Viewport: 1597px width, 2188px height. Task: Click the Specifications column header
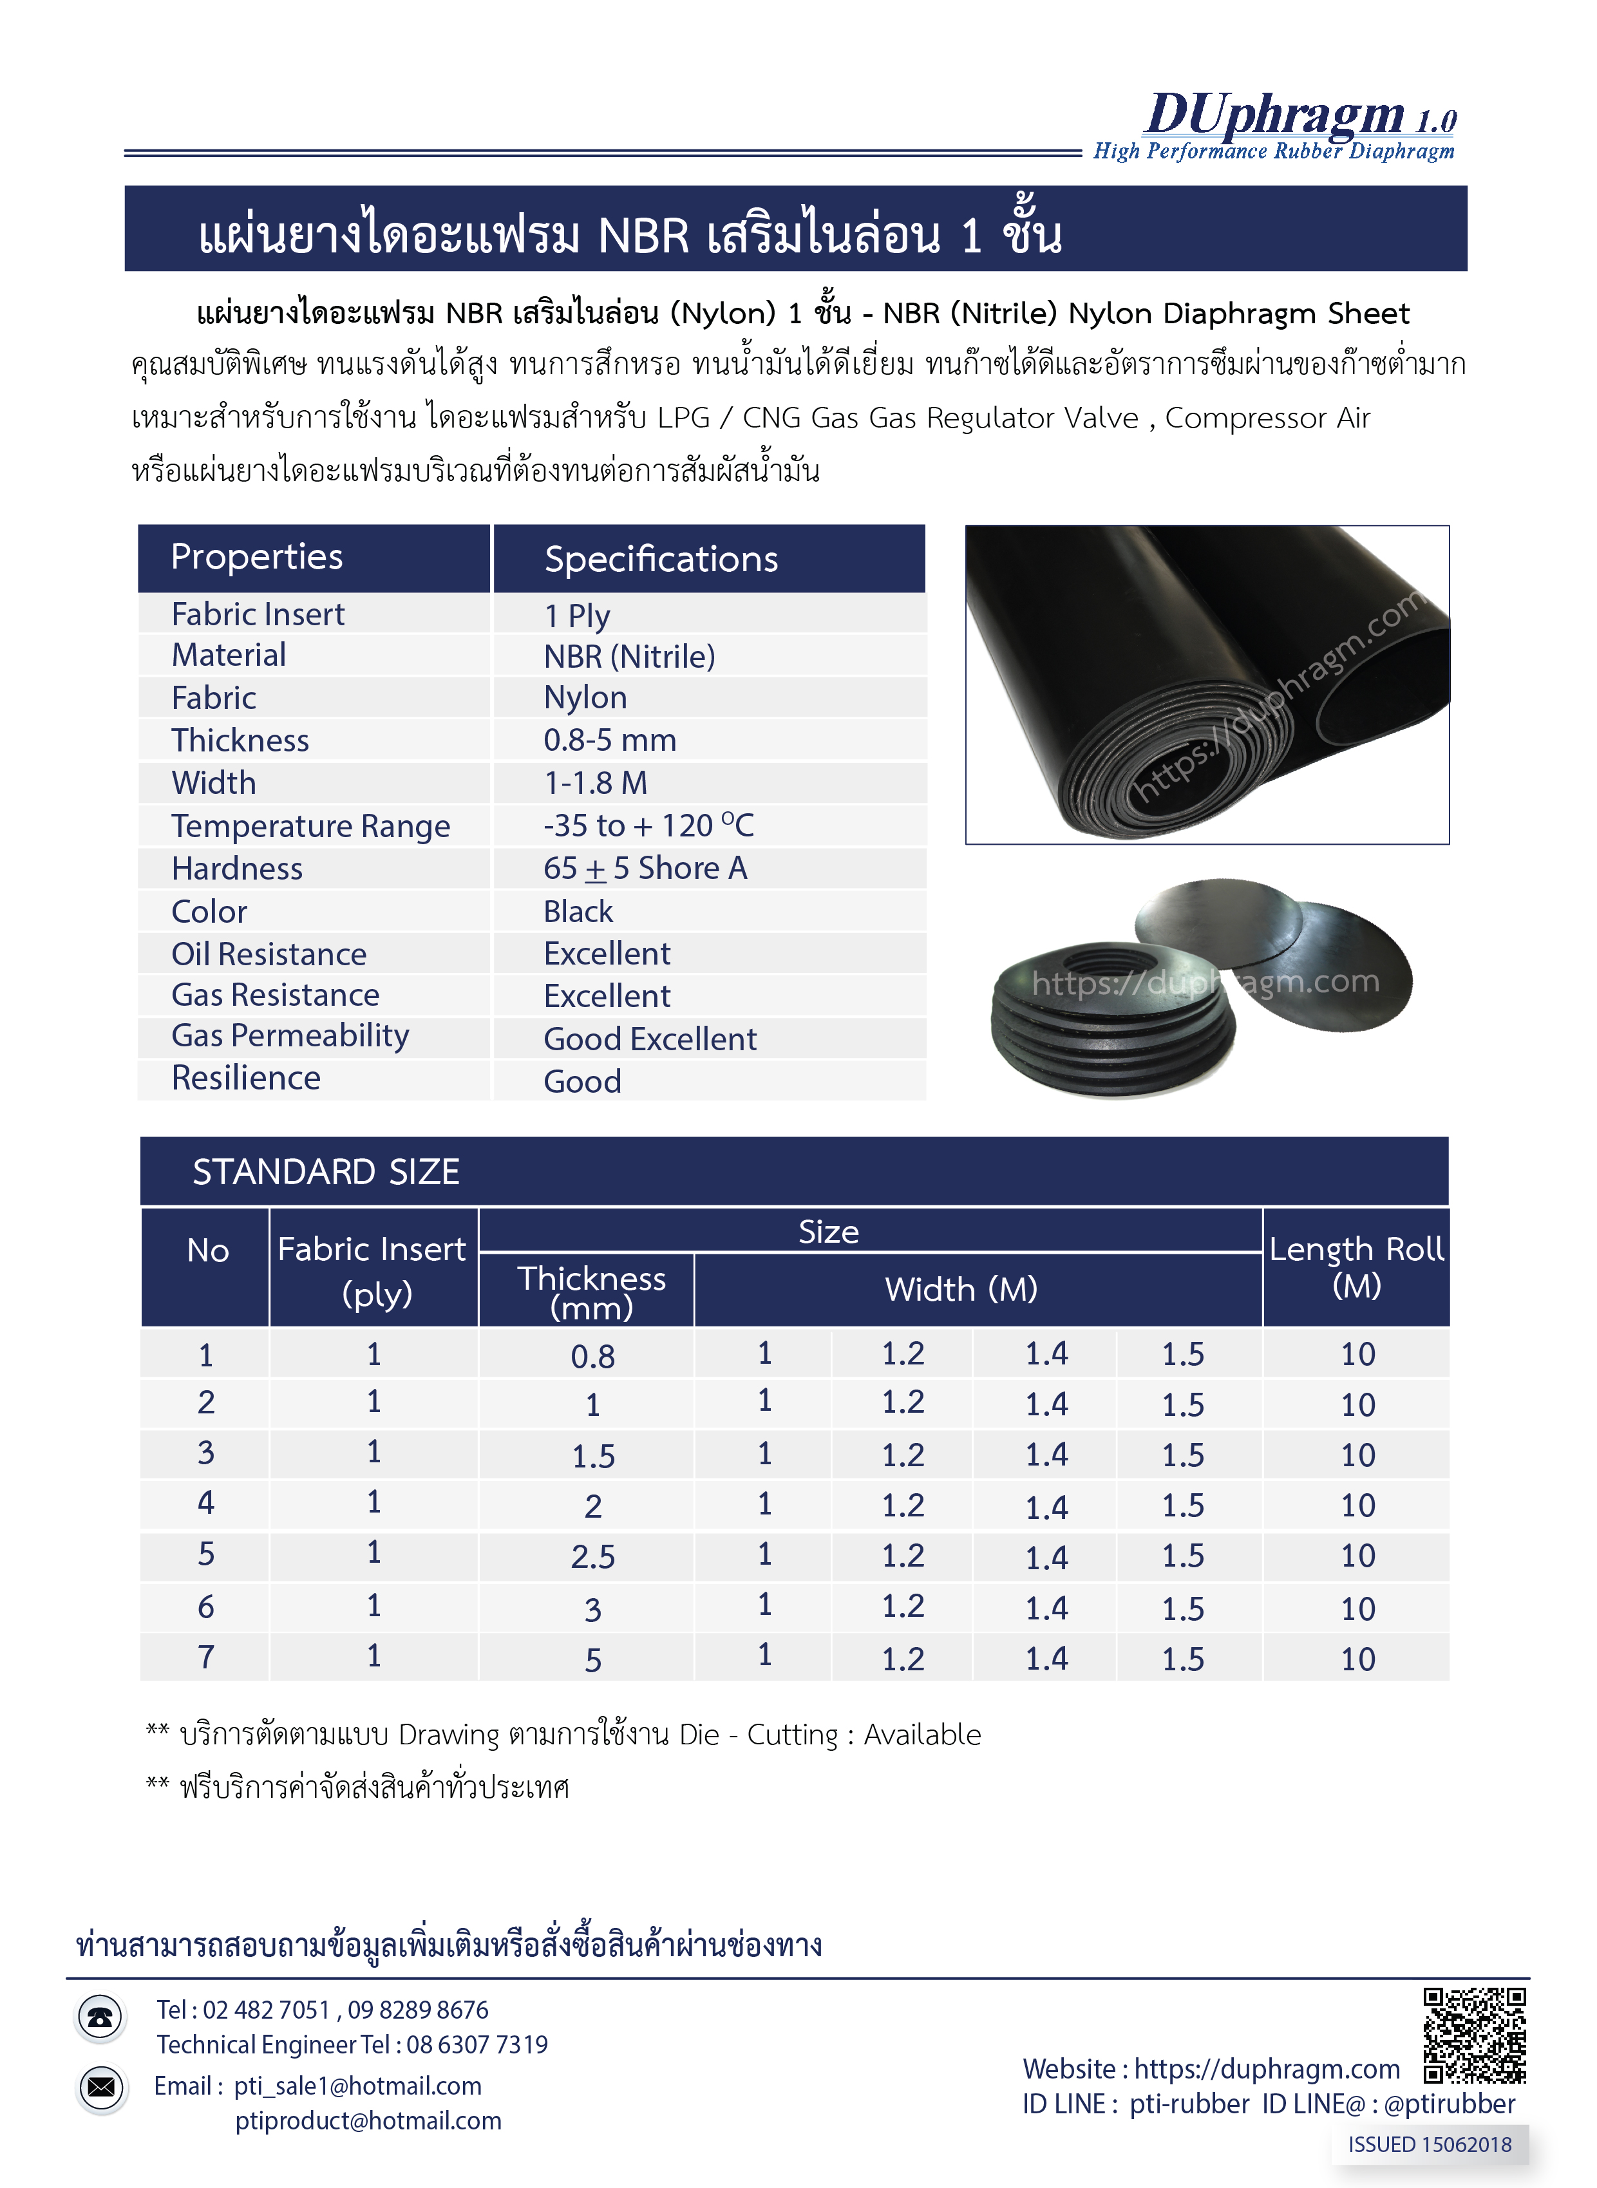661,560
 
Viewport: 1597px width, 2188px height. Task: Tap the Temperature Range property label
310,826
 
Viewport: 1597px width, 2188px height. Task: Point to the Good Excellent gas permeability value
650,1039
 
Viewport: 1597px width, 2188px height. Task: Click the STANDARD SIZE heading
326,1171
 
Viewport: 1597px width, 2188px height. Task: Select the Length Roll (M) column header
1356,1266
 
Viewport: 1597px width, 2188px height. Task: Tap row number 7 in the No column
206,1657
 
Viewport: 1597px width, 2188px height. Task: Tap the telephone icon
100,2018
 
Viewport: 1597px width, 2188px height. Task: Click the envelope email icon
100,2088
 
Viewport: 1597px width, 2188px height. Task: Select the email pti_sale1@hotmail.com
357,2086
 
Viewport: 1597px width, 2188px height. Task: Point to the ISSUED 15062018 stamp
1429,2144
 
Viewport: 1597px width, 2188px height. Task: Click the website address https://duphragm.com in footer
1267,2069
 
